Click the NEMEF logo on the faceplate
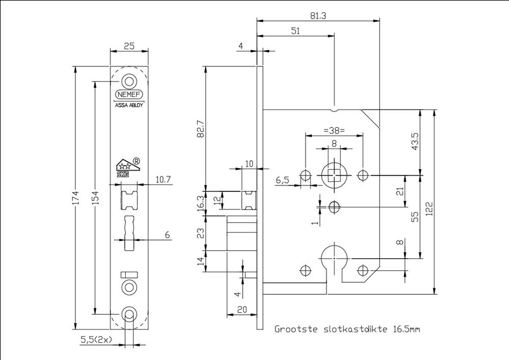tap(129, 95)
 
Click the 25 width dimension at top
tap(129, 46)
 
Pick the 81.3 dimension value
tap(318, 16)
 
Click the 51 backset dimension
tap(295, 31)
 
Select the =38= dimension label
tap(334, 130)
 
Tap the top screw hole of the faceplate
tap(129, 81)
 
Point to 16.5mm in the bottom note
tap(406, 329)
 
